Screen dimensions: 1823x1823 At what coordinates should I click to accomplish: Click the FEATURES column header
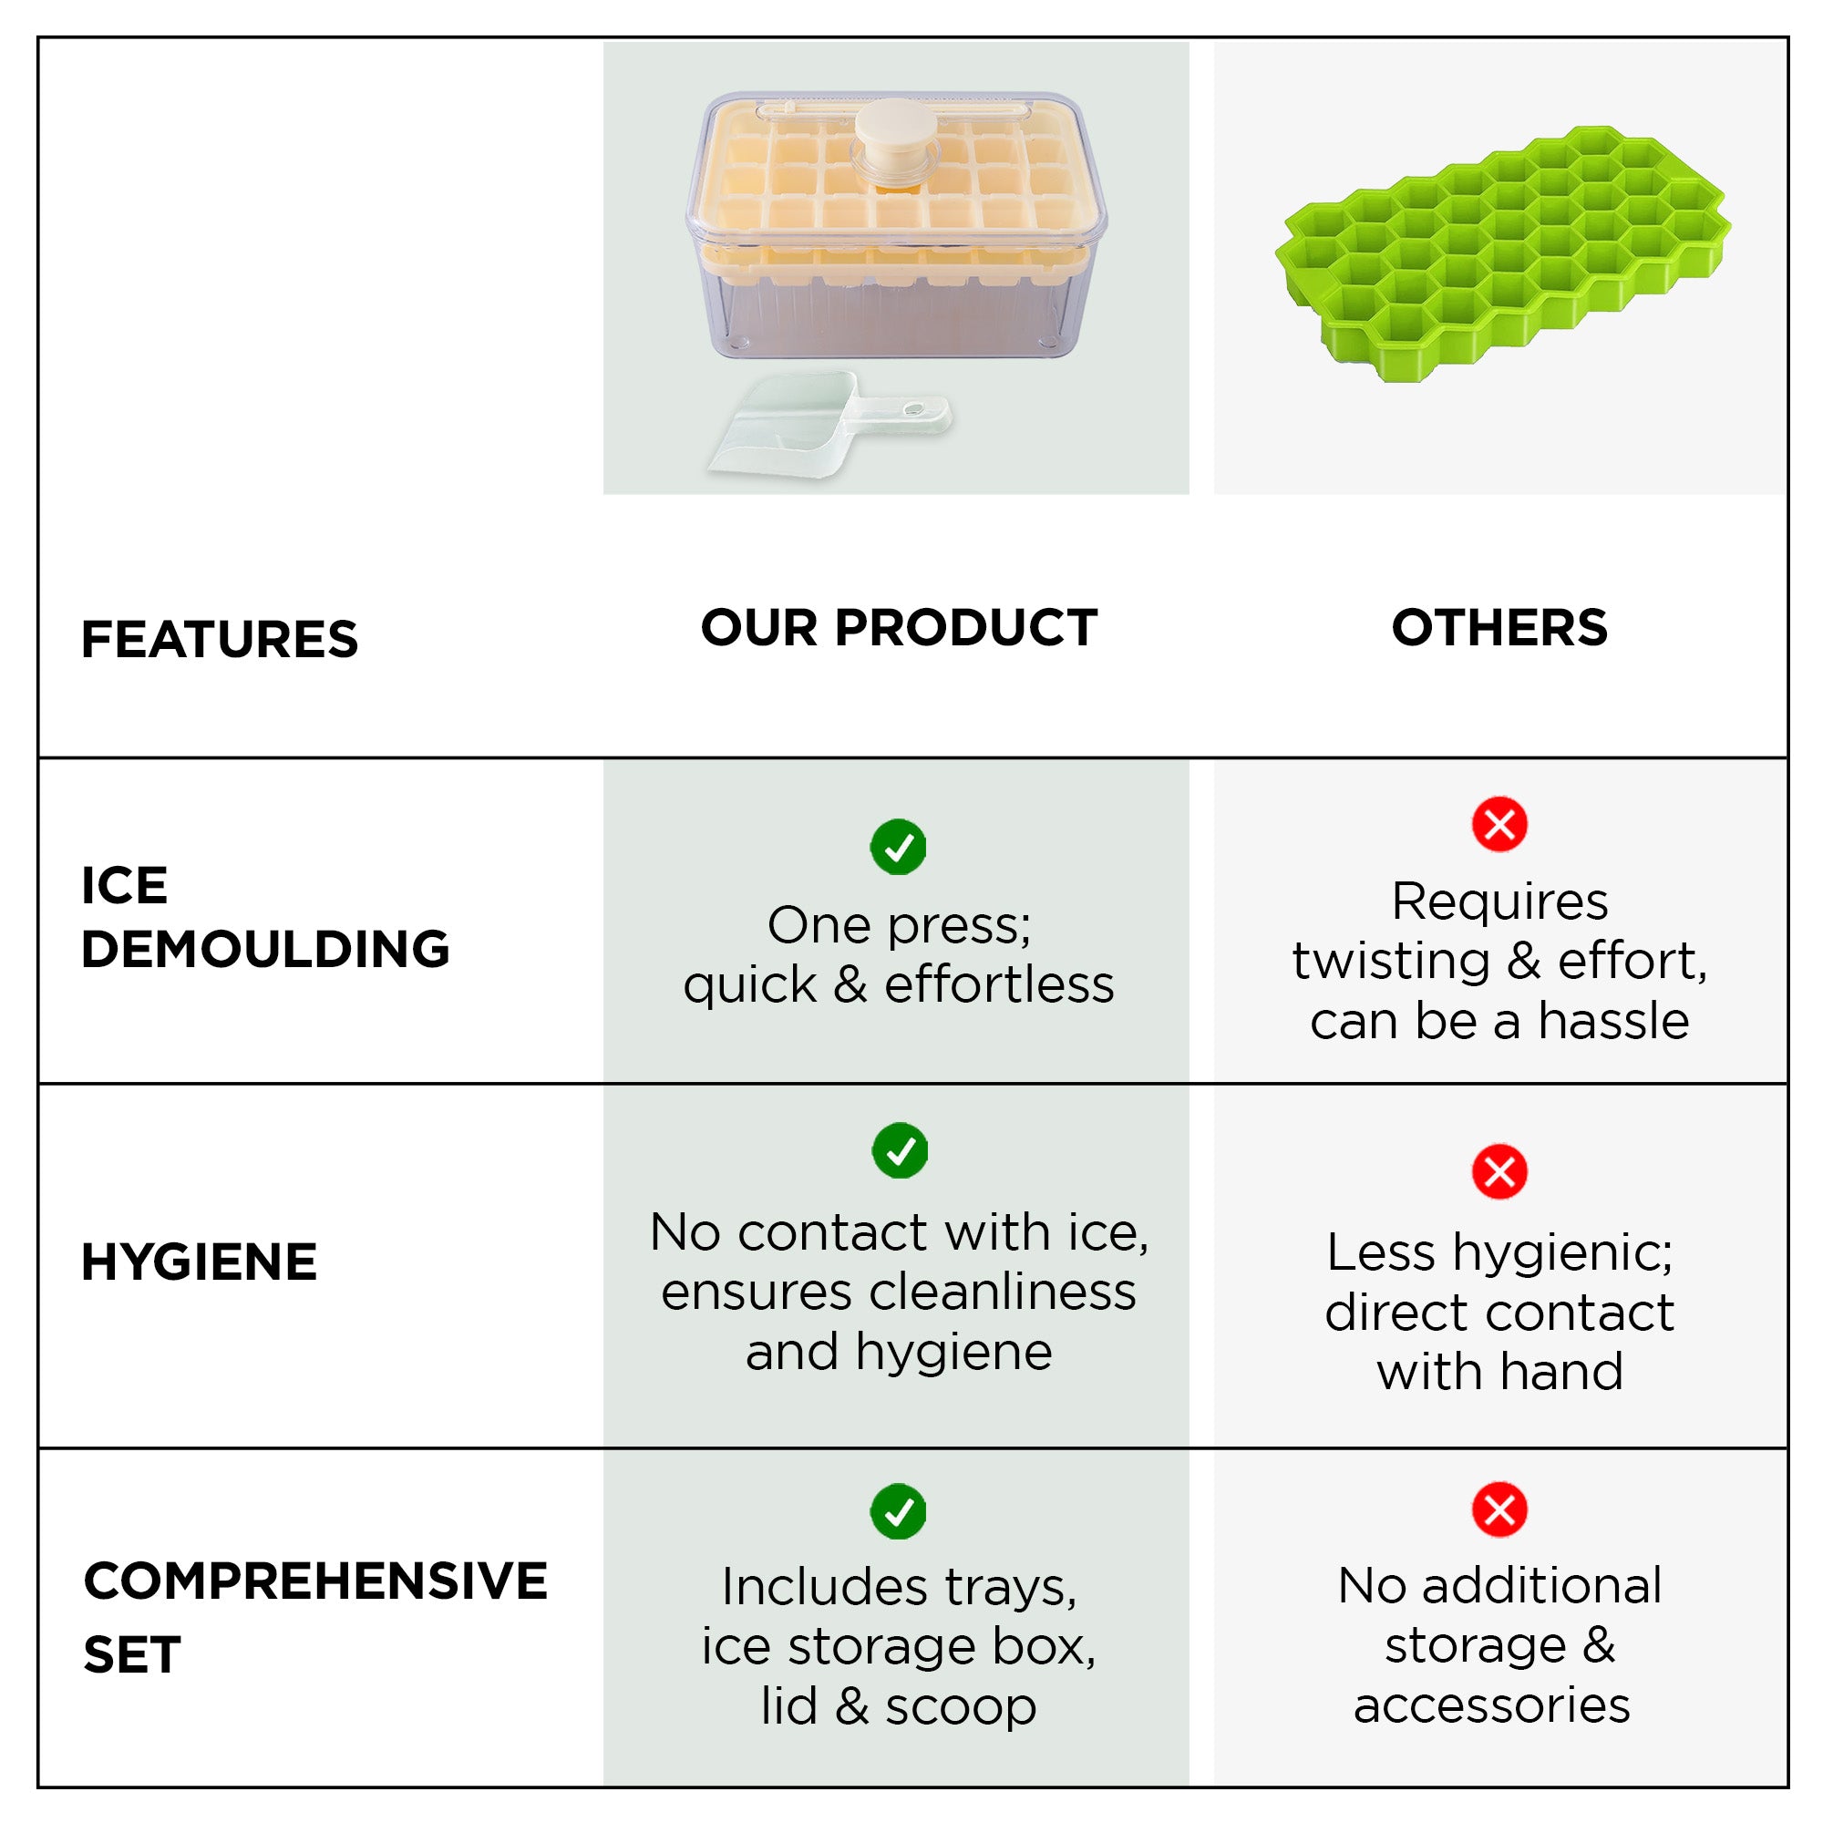click(220, 639)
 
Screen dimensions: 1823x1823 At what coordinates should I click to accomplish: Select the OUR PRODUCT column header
click(899, 627)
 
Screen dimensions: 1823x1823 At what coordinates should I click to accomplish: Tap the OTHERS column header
click(1499, 627)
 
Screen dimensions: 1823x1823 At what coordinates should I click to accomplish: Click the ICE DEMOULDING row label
click(265, 916)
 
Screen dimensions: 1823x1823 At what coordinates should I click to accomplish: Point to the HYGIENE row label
click(199, 1262)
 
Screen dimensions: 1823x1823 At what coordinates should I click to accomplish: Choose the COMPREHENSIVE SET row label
click(315, 1617)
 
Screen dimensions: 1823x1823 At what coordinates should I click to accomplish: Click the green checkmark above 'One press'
click(899, 847)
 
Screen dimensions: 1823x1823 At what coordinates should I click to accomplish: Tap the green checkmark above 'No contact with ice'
click(901, 1150)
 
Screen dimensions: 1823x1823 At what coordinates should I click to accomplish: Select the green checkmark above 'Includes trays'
click(899, 1510)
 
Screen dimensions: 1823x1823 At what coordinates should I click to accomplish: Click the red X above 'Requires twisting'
click(1499, 824)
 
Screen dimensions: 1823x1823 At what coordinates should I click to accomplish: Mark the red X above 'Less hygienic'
click(1499, 1171)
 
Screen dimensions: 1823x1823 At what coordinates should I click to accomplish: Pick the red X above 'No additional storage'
click(1499, 1509)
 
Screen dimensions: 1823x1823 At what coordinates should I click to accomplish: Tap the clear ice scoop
click(829, 424)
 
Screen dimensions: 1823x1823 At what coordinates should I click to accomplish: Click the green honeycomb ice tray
click(1502, 253)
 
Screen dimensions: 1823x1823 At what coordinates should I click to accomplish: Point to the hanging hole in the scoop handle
click(913, 408)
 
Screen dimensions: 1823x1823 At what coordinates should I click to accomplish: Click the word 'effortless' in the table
click(999, 984)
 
